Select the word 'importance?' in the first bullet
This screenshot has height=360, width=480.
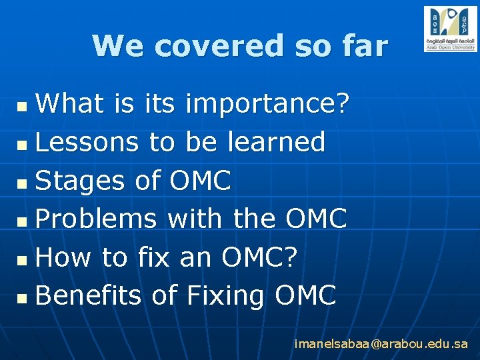[x=267, y=104]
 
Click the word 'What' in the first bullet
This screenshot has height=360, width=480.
[x=69, y=104]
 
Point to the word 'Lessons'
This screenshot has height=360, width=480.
[x=87, y=142]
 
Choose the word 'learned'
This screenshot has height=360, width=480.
[x=277, y=142]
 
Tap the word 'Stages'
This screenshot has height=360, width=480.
[x=80, y=181]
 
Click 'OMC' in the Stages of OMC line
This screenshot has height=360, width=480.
[x=201, y=181]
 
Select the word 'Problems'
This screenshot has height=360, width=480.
[x=96, y=219]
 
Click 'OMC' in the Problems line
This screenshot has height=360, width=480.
[x=316, y=219]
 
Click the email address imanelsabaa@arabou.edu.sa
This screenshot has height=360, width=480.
[x=381, y=344]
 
